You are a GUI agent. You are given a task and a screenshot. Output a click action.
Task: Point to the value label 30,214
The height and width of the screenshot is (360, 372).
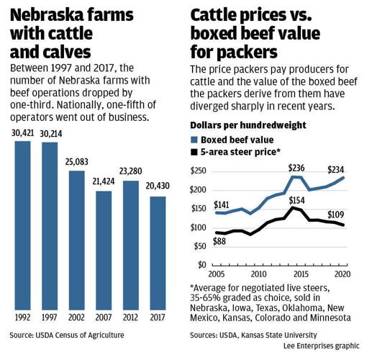click(x=50, y=134)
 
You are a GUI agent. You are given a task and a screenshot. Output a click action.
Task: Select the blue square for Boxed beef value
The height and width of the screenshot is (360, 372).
click(x=194, y=140)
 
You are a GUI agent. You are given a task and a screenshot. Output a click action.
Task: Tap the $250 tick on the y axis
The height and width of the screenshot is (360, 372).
click(x=199, y=171)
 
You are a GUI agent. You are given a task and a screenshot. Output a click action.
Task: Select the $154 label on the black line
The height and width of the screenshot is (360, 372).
click(x=297, y=200)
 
